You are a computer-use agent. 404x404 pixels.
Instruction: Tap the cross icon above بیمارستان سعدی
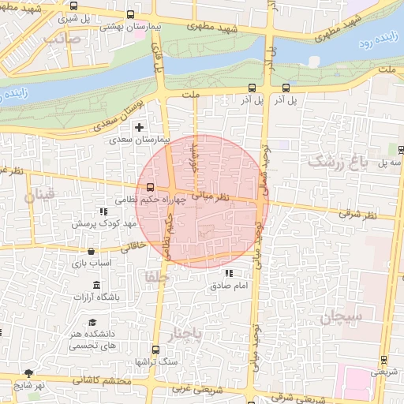click(x=140, y=127)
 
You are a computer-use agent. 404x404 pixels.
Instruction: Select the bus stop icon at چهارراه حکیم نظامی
click(x=150, y=187)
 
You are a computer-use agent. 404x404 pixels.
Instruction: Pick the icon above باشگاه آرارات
click(x=96, y=285)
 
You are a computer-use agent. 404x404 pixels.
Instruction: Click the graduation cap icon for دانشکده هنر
click(x=92, y=322)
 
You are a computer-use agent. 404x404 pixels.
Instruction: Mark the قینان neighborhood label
click(x=41, y=195)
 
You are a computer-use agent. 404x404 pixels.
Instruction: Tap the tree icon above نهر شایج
click(x=29, y=372)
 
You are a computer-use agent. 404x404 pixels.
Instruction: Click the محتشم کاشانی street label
click(x=99, y=381)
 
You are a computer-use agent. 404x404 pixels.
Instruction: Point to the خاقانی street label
click(x=132, y=245)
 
